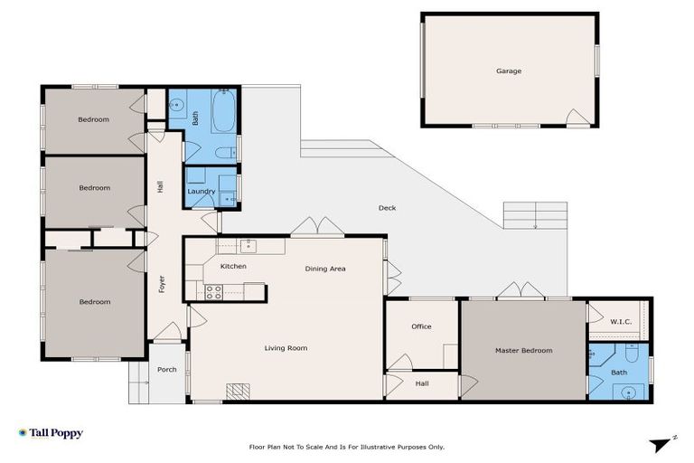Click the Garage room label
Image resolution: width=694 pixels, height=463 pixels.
point(508,71)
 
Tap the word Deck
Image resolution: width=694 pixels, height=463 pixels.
point(387,208)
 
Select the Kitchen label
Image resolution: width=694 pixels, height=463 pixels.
point(233,267)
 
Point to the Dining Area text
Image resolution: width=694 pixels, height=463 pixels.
point(324,269)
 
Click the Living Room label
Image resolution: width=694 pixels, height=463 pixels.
point(286,348)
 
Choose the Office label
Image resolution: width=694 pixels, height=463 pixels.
point(421,326)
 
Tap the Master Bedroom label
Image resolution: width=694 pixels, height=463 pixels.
point(523,351)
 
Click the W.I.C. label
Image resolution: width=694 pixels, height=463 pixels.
point(620,321)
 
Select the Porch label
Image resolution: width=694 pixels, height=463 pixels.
point(167,370)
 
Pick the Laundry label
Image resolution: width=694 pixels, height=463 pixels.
point(201,192)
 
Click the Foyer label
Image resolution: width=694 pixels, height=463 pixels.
point(162,284)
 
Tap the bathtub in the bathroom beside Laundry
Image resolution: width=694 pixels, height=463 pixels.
point(223,112)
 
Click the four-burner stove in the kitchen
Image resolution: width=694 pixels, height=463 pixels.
point(215,291)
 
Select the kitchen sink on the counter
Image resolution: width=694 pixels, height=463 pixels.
point(248,245)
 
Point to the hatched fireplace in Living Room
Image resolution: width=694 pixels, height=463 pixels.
point(237,391)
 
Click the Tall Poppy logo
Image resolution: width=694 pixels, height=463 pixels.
point(51,433)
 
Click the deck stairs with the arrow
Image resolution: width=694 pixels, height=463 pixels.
point(536,215)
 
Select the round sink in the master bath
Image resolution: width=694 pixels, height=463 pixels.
point(628,392)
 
